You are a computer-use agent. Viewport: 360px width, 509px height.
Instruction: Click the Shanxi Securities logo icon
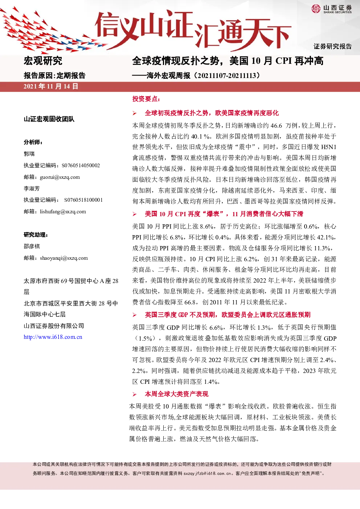point(316,9)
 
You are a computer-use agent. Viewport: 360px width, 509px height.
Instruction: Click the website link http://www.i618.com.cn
point(53,337)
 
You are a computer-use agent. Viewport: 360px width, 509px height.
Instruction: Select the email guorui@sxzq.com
point(60,177)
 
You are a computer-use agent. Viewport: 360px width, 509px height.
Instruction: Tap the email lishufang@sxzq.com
point(63,212)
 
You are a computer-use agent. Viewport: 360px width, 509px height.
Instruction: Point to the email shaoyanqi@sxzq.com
point(64,258)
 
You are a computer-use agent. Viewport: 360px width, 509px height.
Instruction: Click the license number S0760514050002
point(81,165)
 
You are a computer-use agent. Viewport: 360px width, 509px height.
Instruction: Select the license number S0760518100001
point(83,200)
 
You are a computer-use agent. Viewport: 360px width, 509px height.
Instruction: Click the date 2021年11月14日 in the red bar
point(51,86)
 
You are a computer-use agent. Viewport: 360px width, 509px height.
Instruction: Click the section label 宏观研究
point(43,61)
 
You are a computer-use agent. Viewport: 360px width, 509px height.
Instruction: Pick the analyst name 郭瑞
point(29,154)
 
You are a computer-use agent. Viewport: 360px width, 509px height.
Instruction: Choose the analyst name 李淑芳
point(32,189)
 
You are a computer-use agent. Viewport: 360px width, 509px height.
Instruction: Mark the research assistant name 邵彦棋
point(32,246)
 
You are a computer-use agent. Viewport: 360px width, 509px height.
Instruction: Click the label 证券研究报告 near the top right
point(332,46)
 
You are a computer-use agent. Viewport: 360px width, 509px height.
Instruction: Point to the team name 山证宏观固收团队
point(49,119)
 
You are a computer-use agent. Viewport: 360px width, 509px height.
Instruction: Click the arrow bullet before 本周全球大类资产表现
point(135,394)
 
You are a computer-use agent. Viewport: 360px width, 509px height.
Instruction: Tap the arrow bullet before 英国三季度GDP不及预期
point(135,315)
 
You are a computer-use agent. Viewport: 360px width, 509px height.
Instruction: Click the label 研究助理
point(36,235)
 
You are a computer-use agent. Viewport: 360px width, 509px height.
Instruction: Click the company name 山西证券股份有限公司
point(54,326)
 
